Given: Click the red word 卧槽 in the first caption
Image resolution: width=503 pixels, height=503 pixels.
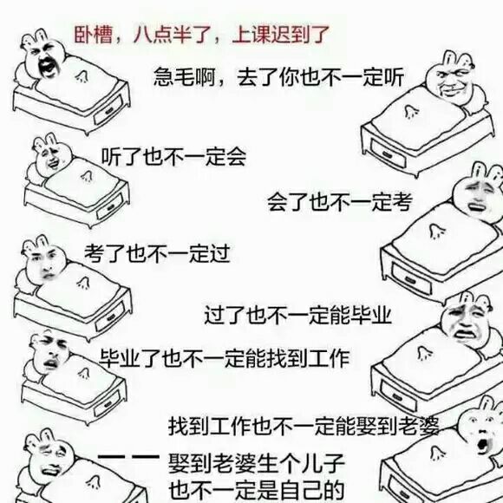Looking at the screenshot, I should pos(88,36).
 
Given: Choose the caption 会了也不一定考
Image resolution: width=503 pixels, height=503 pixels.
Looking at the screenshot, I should pos(338,202).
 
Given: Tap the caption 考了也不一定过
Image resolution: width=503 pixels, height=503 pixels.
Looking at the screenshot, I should pos(157,254).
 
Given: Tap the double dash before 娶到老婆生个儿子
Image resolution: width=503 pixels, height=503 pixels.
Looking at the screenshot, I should pos(126,457).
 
